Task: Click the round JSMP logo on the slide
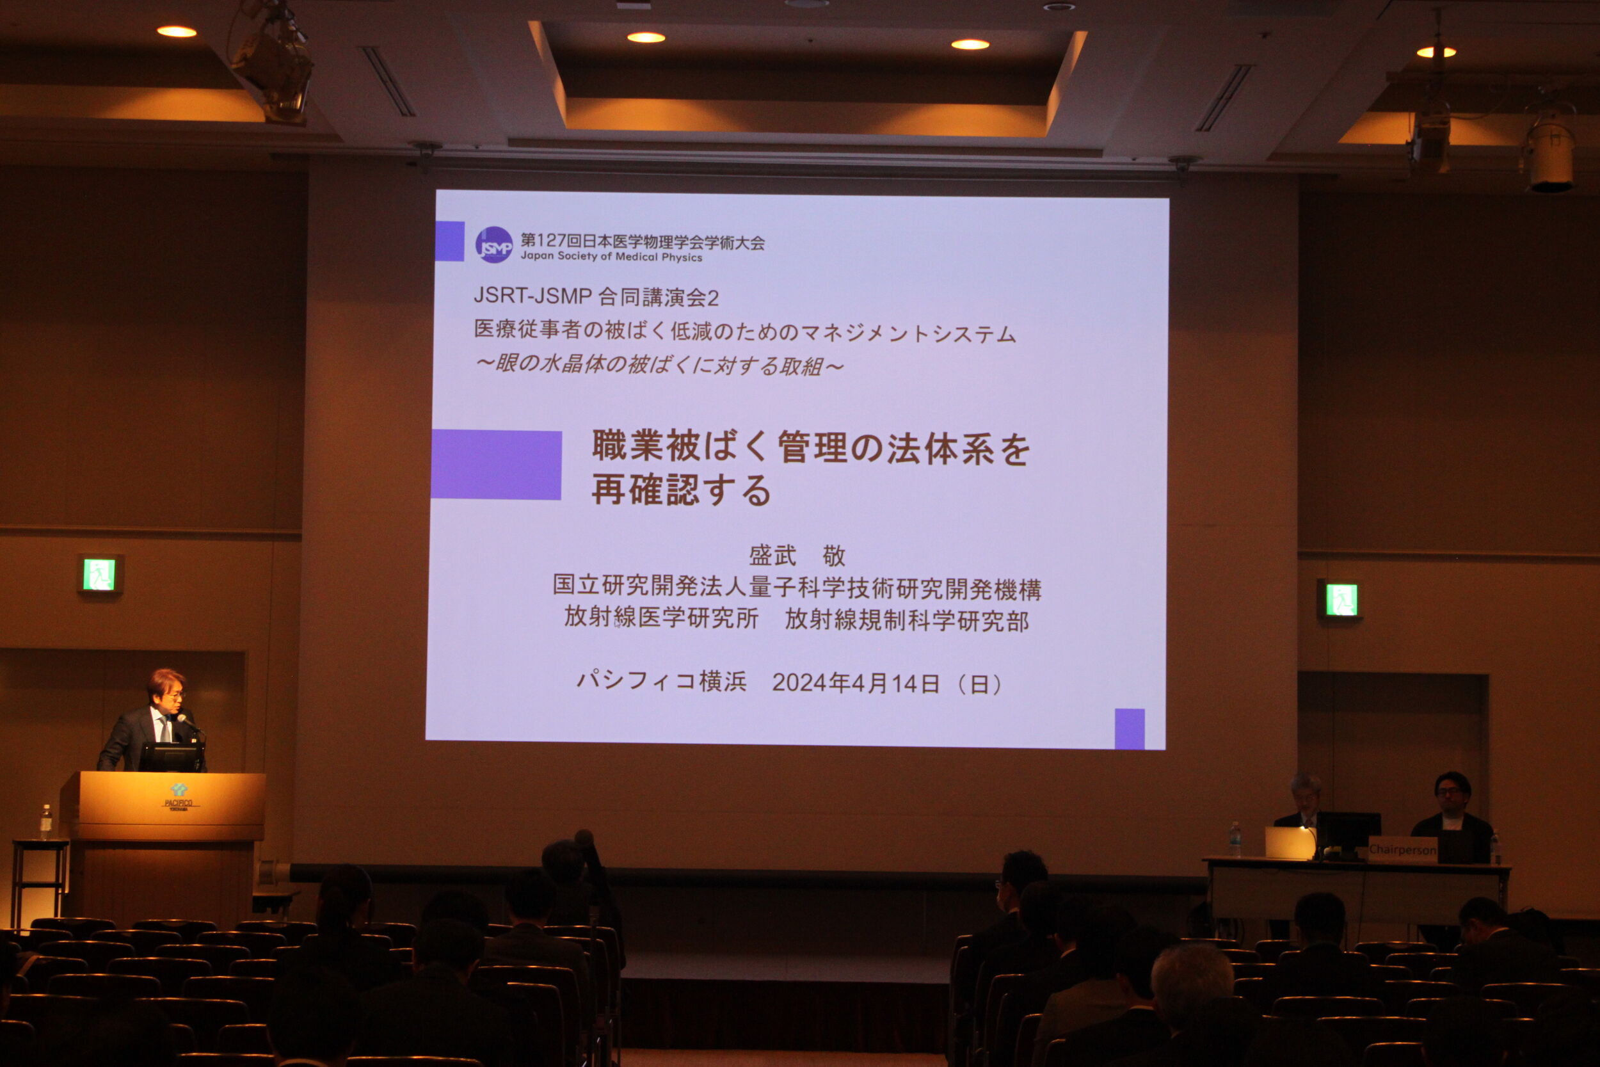pos(493,245)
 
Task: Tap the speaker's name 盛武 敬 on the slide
pos(797,556)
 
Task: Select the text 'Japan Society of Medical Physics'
pos(611,257)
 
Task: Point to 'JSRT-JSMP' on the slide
pos(532,295)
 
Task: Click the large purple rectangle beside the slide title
pos(497,465)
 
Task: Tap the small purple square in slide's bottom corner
pos(1129,729)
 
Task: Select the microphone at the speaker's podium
pos(188,723)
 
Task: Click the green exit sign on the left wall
pos(99,574)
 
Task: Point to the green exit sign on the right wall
pos(1341,600)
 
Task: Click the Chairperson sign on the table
pos(1402,849)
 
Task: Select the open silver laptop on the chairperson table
pos(1290,843)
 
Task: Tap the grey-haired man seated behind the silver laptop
pos(1304,801)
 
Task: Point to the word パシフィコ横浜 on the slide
pos(661,680)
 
